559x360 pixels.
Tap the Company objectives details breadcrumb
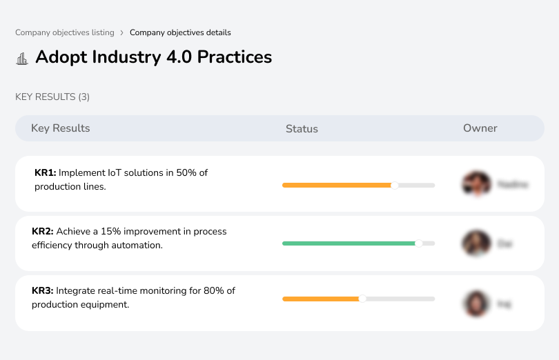pos(180,32)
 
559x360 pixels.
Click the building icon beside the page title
pos(22,58)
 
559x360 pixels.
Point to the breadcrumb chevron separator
pos(121,32)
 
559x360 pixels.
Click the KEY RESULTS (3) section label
pos(52,97)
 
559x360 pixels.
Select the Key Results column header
pos(60,128)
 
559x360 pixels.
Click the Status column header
pos(302,129)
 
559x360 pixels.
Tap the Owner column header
pos(480,128)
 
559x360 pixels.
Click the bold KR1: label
pos(45,172)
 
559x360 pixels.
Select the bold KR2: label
pos(43,231)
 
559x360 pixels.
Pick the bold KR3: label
pos(43,290)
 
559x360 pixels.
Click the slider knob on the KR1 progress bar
pos(395,185)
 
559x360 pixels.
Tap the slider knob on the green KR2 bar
pos(418,243)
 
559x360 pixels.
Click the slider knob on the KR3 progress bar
pos(362,299)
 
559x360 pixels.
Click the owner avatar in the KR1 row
pos(476,184)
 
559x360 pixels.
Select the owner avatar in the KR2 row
pos(476,243)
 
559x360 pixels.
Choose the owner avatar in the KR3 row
pos(476,303)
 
